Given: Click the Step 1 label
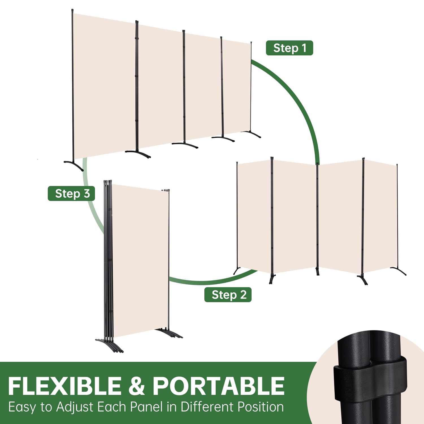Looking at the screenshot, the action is click(289, 48).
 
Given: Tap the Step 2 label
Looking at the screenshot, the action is click(228, 295).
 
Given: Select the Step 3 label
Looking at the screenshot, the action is click(71, 194).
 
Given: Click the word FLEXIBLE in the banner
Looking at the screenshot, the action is click(65, 386).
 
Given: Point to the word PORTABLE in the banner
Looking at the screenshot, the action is click(219, 386).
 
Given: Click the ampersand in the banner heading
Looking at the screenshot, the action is click(137, 386).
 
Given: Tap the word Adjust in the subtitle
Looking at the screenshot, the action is click(75, 407).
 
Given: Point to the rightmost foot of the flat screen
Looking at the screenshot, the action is click(251, 134).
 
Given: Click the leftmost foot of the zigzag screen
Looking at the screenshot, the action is click(237, 271).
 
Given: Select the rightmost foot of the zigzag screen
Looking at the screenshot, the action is click(399, 271).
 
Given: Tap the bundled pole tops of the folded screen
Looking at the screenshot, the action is click(108, 181).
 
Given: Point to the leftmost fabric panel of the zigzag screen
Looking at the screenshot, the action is click(254, 216).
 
